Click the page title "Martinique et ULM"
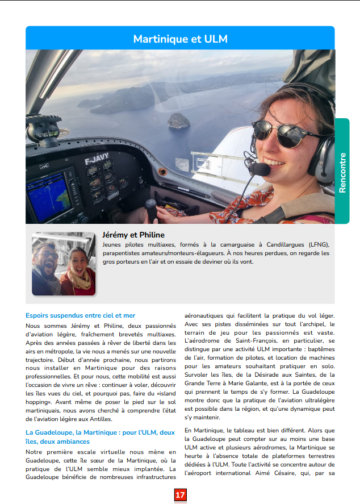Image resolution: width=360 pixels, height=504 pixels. click(180, 39)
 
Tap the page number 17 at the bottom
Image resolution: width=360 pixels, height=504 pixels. click(180, 495)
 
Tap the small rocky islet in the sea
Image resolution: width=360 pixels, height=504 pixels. click(178, 120)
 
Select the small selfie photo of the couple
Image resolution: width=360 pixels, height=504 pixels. click(63, 264)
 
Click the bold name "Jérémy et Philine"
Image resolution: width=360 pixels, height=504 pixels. click(133, 235)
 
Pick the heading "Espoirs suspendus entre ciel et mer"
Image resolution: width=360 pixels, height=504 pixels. click(80, 315)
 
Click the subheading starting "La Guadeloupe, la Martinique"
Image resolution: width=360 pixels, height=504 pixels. click(100, 432)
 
